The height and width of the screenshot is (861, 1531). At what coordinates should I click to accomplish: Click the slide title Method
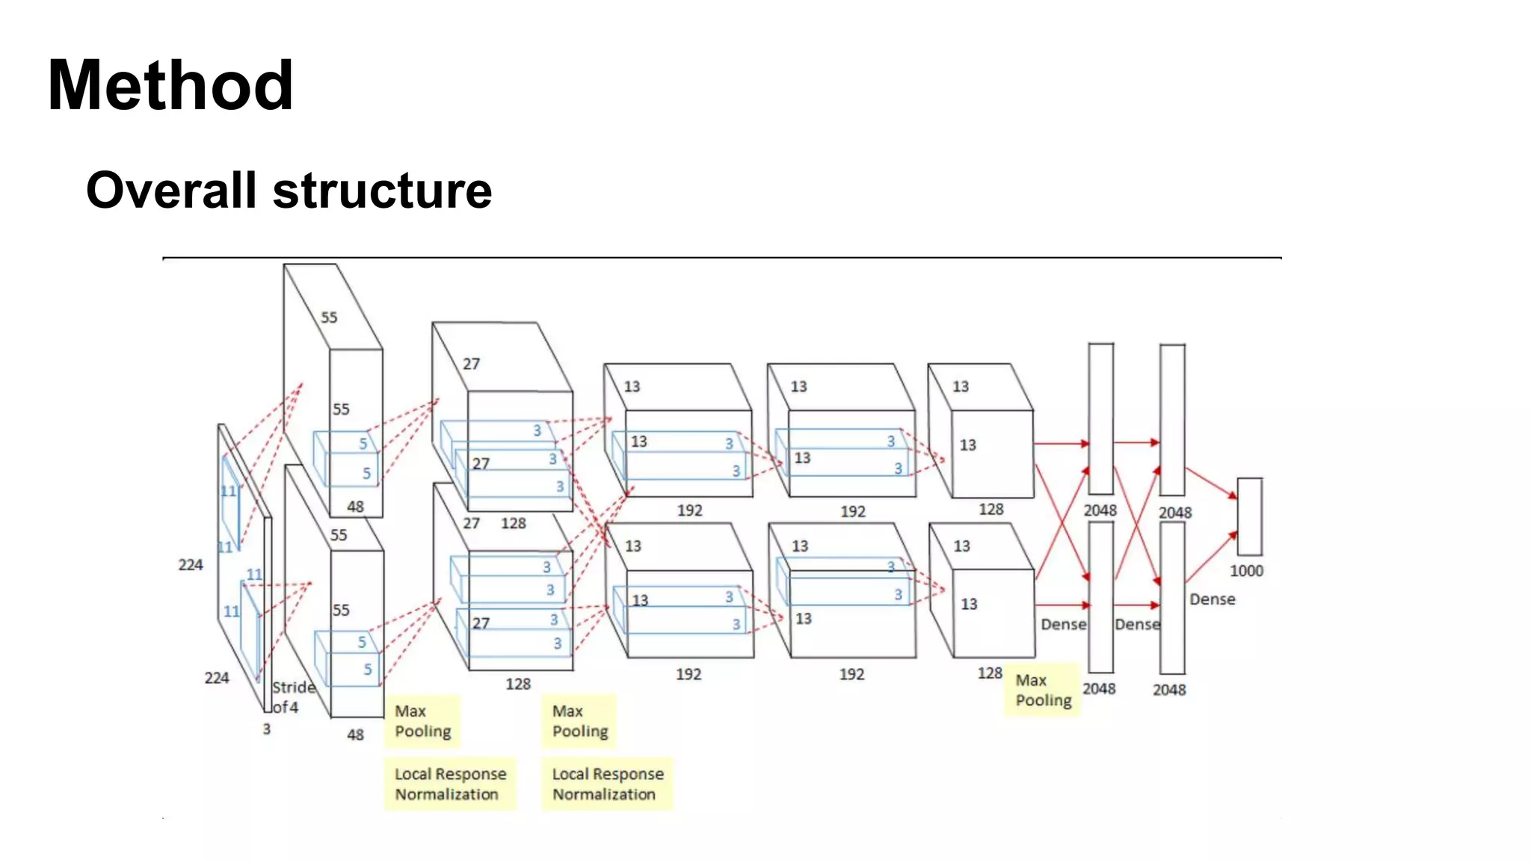[x=170, y=85]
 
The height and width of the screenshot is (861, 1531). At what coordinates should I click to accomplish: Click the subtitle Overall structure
[x=289, y=190]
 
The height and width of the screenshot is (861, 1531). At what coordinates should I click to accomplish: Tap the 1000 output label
[x=1246, y=571]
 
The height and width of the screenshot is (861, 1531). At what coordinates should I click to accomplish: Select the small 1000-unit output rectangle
[x=1249, y=516]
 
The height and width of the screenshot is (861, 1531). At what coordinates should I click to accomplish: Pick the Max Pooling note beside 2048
[x=1043, y=690]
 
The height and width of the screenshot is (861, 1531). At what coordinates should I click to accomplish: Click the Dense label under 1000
[x=1212, y=599]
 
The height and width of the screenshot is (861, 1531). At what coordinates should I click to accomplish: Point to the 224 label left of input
[x=191, y=565]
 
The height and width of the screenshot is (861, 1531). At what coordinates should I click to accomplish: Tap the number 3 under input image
[x=266, y=729]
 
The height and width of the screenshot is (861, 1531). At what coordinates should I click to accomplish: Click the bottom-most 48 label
[x=355, y=735]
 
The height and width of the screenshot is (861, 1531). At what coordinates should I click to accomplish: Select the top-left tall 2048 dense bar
[x=1100, y=419]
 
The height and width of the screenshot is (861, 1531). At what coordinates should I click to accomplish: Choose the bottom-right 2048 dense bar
[x=1171, y=598]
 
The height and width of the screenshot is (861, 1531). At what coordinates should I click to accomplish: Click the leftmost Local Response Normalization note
[x=450, y=784]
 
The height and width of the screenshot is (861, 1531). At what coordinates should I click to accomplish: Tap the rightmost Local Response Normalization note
[x=607, y=784]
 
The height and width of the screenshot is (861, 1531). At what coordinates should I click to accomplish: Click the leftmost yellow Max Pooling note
[x=422, y=721]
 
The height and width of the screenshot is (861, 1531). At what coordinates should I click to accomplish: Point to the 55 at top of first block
[x=329, y=318]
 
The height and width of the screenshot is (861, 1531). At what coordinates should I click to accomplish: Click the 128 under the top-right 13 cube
[x=991, y=510]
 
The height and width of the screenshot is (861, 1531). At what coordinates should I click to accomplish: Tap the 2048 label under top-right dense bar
[x=1175, y=513]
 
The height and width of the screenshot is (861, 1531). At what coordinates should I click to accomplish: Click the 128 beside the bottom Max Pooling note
[x=990, y=673]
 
